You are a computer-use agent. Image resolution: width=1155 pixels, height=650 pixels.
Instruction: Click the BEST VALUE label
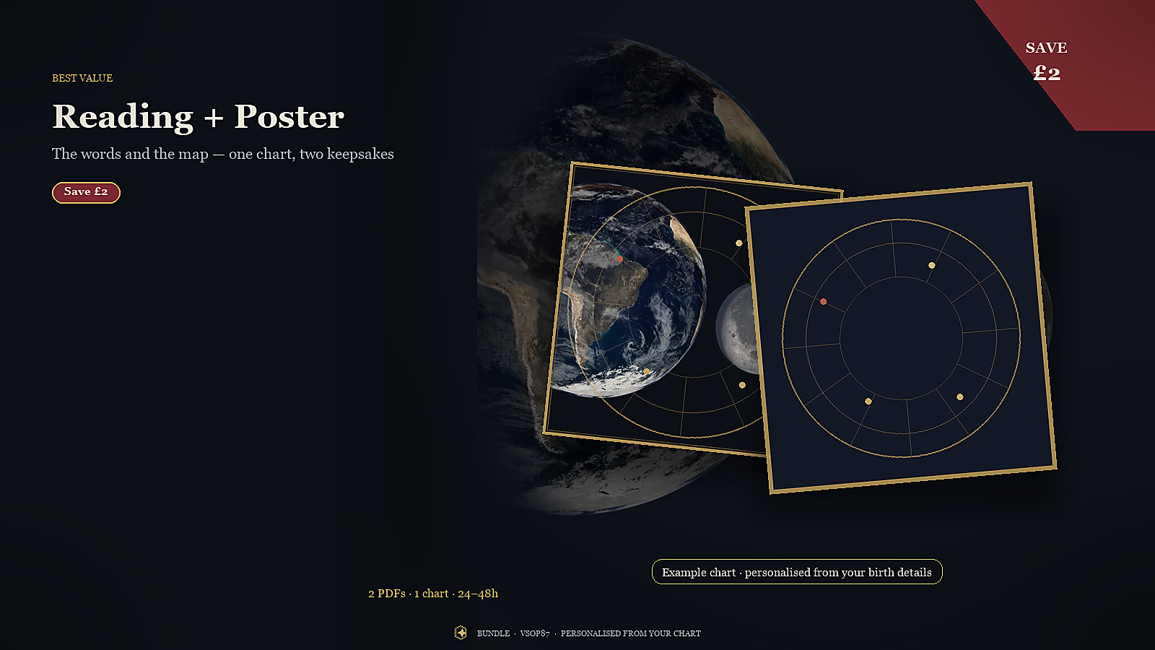(x=82, y=78)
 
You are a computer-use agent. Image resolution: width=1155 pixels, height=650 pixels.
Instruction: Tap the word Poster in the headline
(x=289, y=116)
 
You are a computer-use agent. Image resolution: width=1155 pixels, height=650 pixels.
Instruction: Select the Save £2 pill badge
(x=86, y=192)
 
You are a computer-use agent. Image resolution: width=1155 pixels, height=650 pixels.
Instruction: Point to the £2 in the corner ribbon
(x=1047, y=73)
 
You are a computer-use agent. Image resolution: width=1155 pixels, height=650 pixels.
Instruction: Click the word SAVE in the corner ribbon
(x=1046, y=48)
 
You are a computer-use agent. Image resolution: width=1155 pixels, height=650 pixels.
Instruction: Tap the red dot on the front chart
(x=824, y=302)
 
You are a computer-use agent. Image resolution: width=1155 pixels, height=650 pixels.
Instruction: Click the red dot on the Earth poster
(x=619, y=259)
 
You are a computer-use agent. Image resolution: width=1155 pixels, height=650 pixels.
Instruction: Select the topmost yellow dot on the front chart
(x=932, y=266)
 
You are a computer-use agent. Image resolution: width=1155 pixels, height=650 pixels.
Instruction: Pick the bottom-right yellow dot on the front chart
(x=959, y=397)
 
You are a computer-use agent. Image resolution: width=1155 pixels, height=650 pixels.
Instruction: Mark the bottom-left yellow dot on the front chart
(x=868, y=402)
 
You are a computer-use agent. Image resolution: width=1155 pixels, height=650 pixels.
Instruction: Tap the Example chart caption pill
(x=797, y=571)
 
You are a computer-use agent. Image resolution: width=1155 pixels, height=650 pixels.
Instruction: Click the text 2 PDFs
(x=387, y=594)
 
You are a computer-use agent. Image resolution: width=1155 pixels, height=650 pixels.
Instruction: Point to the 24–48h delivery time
(x=478, y=594)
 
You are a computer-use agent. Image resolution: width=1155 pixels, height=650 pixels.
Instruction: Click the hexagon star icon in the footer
(x=461, y=633)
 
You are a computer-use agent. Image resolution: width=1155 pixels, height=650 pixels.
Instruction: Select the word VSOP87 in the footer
(x=535, y=633)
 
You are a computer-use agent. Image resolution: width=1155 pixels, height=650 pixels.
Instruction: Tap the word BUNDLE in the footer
(x=493, y=633)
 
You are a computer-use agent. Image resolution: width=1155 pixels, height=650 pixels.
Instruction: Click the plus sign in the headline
(x=214, y=118)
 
